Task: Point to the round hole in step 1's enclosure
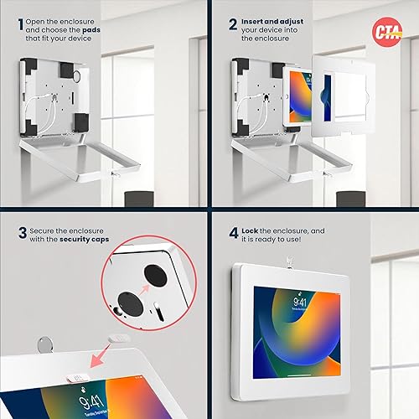[x=77, y=75]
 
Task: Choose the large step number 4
[x=233, y=233]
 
